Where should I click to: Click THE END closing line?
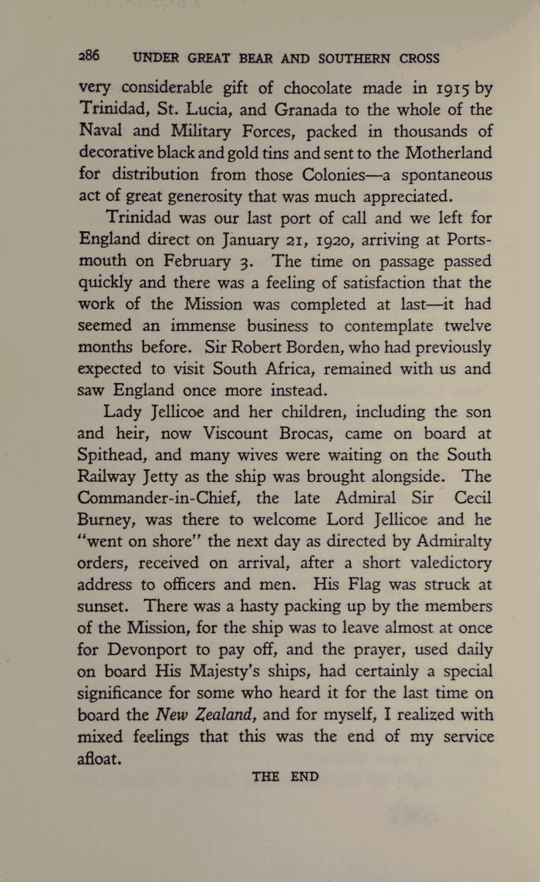pos(285,776)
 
